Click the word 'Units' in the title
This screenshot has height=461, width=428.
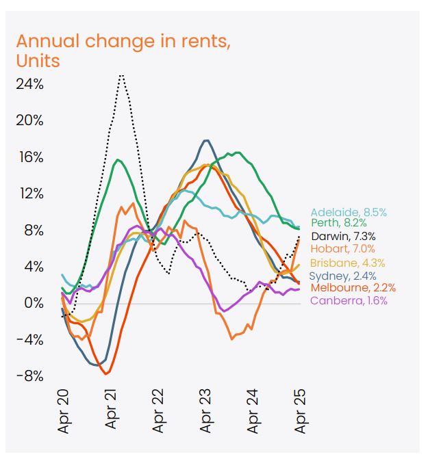(38, 61)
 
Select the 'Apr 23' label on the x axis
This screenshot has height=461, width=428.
(206, 411)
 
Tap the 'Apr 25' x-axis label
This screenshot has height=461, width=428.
(300, 411)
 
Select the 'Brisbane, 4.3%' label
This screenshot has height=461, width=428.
(347, 263)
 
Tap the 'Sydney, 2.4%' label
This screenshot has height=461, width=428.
(343, 276)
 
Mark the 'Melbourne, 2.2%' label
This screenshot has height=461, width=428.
(352, 288)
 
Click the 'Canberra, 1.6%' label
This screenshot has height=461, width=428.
(348, 301)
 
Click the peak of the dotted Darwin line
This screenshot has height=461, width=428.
(121, 75)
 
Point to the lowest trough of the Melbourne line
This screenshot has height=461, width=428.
(105, 373)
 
